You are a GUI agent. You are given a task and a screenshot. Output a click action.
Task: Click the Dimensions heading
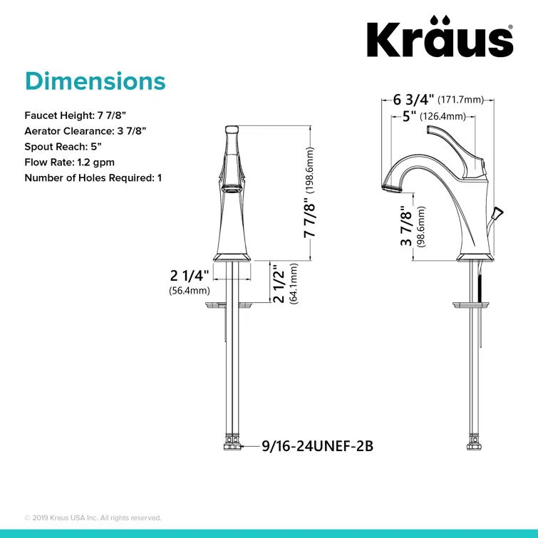(x=95, y=81)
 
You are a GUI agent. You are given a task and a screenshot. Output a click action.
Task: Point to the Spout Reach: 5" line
(x=63, y=146)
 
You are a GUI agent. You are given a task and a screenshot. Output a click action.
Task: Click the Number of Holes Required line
(x=93, y=177)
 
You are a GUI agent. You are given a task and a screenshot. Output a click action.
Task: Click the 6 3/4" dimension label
(x=413, y=99)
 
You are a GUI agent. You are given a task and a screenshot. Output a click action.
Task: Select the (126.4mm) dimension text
(x=442, y=116)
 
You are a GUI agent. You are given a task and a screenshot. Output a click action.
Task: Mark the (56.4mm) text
(x=189, y=291)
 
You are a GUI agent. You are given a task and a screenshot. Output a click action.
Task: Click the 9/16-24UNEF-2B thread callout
(x=317, y=447)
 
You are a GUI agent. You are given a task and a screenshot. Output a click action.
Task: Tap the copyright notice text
(x=93, y=517)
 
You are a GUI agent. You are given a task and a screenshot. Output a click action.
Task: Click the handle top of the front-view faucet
(x=232, y=130)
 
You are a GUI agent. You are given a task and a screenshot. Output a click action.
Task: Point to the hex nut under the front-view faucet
(x=232, y=447)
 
